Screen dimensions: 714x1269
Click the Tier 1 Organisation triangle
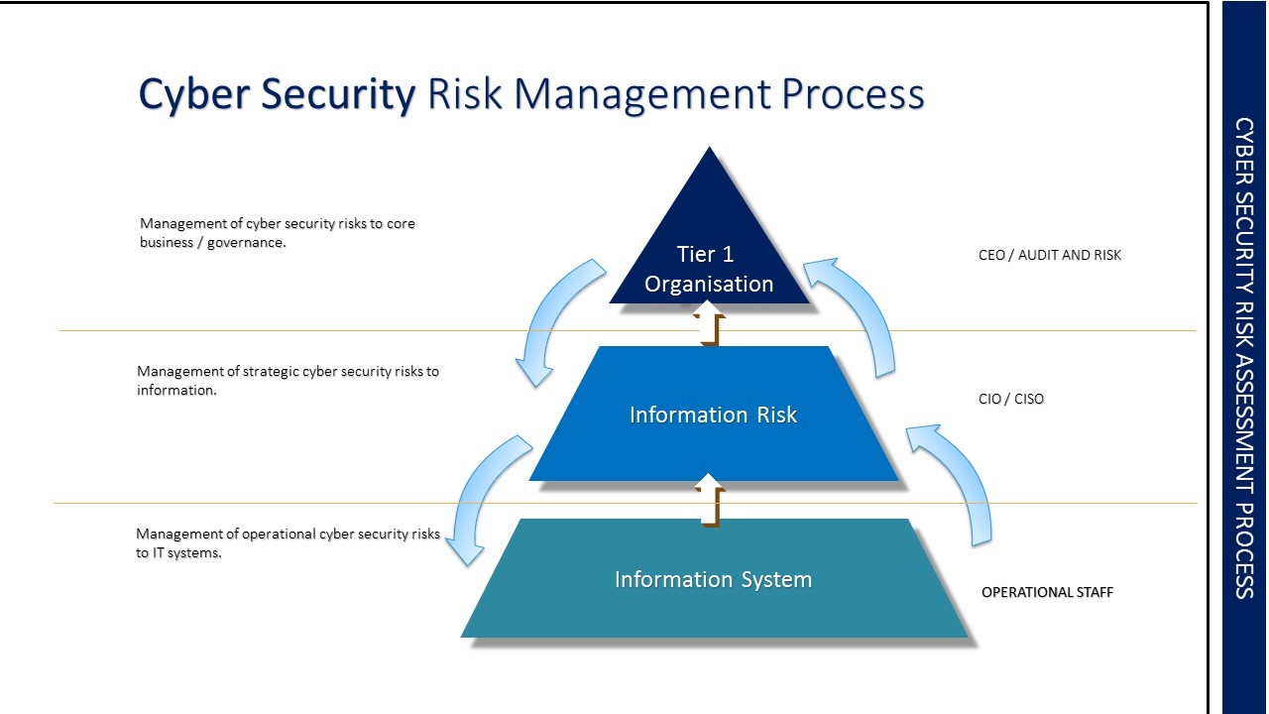[709, 258]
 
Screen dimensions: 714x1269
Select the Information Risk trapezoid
[713, 415]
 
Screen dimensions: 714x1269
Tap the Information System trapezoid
[713, 579]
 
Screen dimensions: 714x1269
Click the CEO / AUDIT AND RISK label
[1049, 255]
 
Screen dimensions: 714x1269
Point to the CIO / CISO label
[1010, 399]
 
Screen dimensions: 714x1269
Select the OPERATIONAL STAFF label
[1047, 592]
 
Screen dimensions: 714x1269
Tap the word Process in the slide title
[852, 94]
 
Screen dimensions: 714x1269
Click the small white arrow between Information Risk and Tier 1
[709, 327]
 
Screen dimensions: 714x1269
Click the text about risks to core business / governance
[277, 233]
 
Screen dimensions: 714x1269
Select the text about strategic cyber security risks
[287, 381]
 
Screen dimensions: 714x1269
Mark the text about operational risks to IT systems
[287, 543]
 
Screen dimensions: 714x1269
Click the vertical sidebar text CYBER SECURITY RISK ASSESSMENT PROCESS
[1244, 357]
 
